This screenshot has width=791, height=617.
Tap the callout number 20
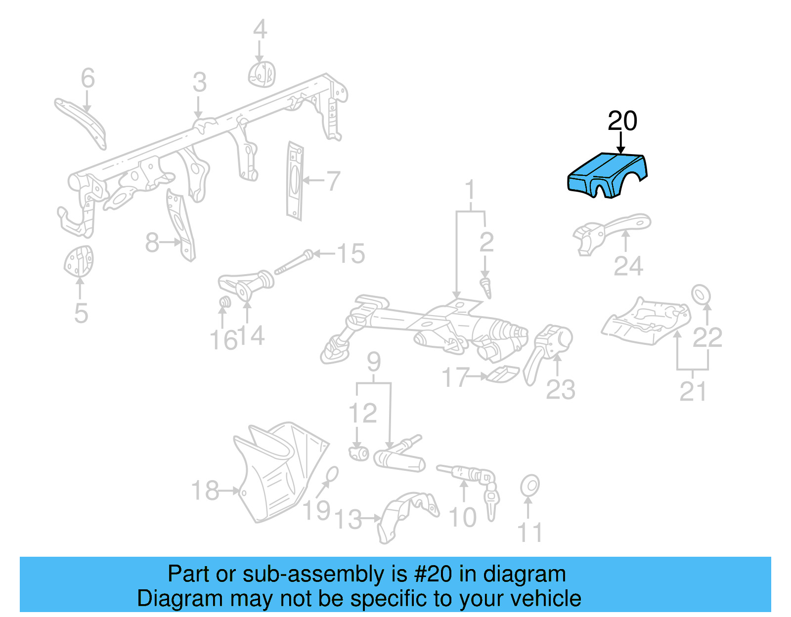pyautogui.click(x=622, y=121)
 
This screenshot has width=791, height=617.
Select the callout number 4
pyautogui.click(x=260, y=30)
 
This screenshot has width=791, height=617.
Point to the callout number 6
pyautogui.click(x=88, y=78)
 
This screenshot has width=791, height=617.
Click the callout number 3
pyautogui.click(x=199, y=82)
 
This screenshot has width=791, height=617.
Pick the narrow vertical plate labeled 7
pyautogui.click(x=295, y=181)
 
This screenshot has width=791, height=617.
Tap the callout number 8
pyautogui.click(x=152, y=243)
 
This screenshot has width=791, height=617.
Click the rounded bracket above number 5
pyautogui.click(x=79, y=261)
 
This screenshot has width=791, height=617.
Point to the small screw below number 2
pyautogui.click(x=486, y=288)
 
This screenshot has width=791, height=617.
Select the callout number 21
pyautogui.click(x=693, y=391)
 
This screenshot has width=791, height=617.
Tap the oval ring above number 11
pyautogui.click(x=529, y=486)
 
